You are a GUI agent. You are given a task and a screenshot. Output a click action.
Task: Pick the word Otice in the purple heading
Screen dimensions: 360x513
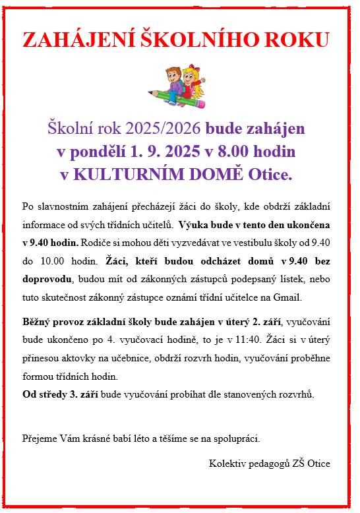pyautogui.click(x=268, y=175)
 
